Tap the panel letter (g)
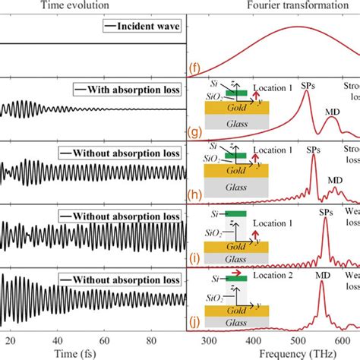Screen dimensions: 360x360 [195, 136]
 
